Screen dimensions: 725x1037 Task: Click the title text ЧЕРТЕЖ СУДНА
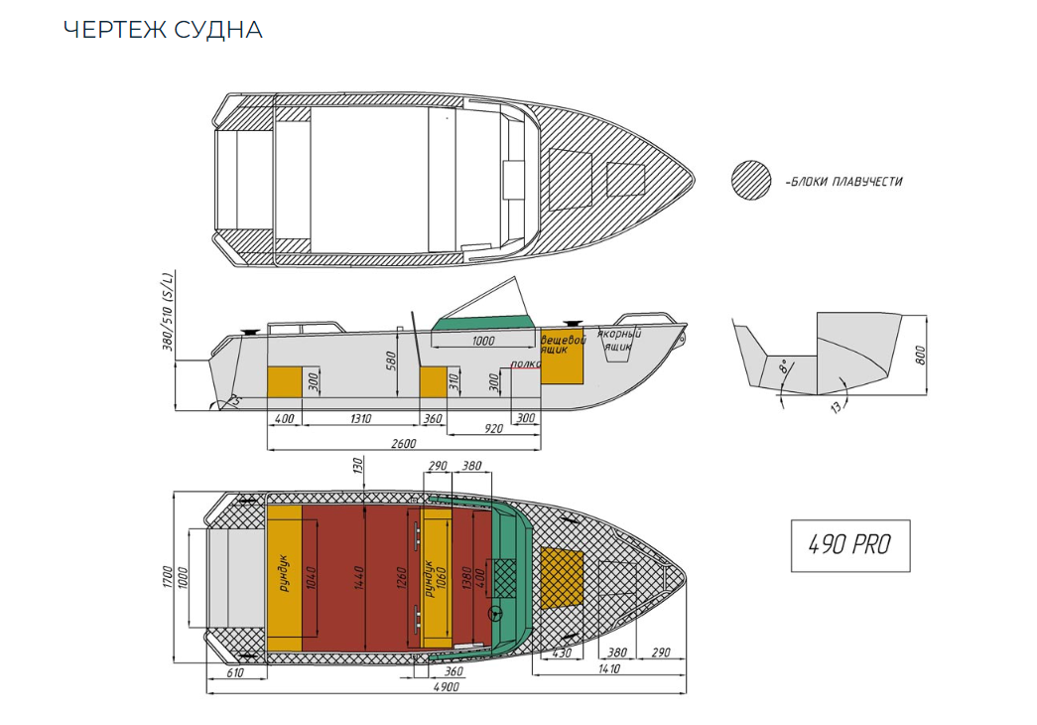pos(163,30)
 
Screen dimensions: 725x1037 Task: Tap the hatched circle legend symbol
pos(751,180)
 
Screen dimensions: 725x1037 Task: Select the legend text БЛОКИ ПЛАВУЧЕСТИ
pos(843,182)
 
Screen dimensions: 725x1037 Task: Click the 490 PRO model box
pos(849,544)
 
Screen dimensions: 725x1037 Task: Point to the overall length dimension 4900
pos(446,687)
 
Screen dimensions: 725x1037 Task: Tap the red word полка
pos(525,364)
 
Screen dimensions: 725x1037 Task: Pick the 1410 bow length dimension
pos(608,669)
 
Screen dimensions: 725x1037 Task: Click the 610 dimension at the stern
pos(235,673)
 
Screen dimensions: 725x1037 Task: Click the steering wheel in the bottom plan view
pos(497,614)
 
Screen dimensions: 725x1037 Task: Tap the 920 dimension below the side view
pos(493,429)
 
